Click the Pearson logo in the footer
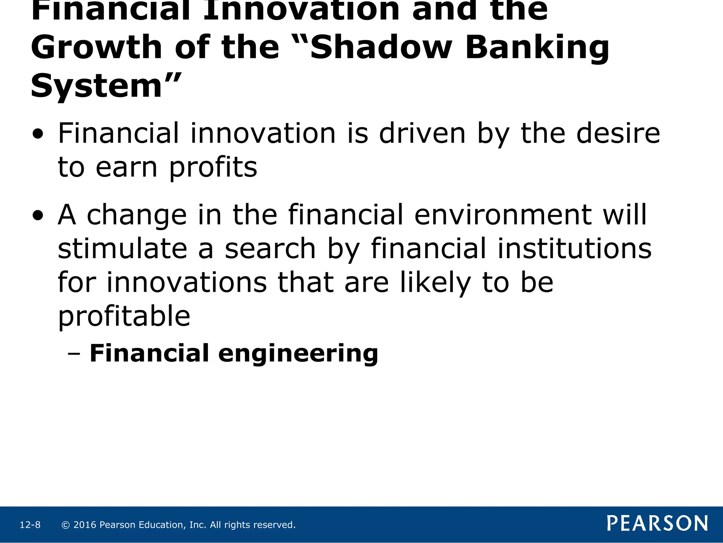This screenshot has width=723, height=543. pos(657,523)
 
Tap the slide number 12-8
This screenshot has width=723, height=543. pos(30,525)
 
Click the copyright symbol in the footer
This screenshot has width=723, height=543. pos(65,525)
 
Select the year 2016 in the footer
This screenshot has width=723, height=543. pos(85,525)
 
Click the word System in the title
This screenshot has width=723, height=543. pos(96,86)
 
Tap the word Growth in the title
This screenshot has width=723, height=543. pos(96,48)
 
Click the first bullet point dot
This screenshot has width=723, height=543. pos(38,135)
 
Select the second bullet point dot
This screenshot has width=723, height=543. pos(38,216)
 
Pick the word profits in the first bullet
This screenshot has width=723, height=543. pos(213,168)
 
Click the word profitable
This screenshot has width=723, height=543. pos(124,316)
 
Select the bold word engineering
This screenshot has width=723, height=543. pos(298,354)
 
